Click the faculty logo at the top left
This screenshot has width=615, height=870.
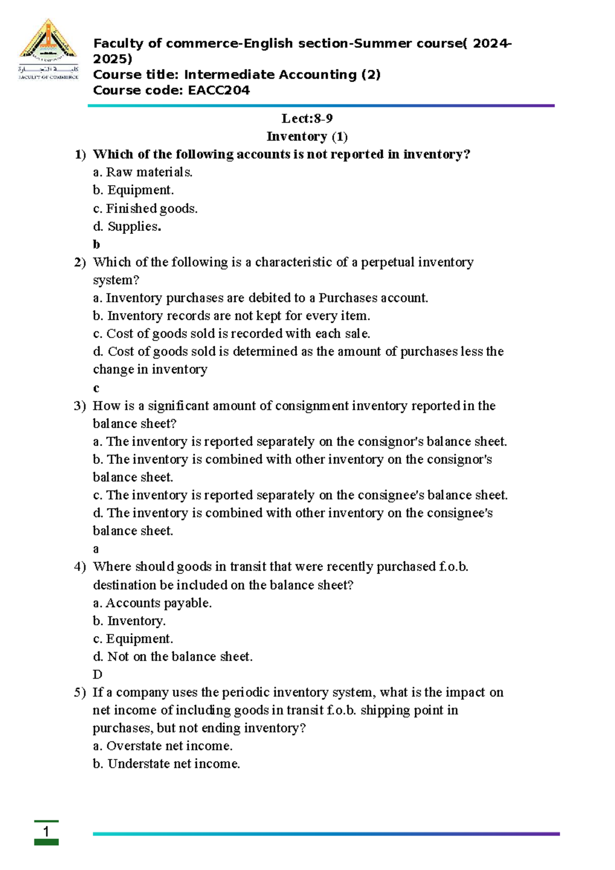click(x=48, y=50)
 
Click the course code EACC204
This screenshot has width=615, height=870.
click(x=219, y=90)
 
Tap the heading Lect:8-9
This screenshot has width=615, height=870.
click(x=307, y=118)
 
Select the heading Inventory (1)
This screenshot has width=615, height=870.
click(x=307, y=136)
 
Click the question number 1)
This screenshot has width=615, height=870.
click(x=80, y=154)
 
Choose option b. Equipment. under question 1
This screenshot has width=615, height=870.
click(x=133, y=190)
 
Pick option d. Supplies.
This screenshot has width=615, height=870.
click(x=127, y=226)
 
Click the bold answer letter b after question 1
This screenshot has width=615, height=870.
click(x=96, y=245)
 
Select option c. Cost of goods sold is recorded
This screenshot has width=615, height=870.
click(x=231, y=333)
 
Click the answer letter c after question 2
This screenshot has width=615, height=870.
click(x=96, y=388)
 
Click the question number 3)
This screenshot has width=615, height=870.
click(x=80, y=406)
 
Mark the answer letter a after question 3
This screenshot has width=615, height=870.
click(x=96, y=549)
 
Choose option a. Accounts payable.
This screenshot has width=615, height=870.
click(x=152, y=603)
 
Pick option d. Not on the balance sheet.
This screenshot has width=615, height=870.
click(x=173, y=657)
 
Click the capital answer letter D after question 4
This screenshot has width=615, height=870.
click(x=97, y=675)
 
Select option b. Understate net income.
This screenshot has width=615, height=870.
click(x=167, y=764)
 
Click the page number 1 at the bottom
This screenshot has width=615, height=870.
click(x=46, y=832)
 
